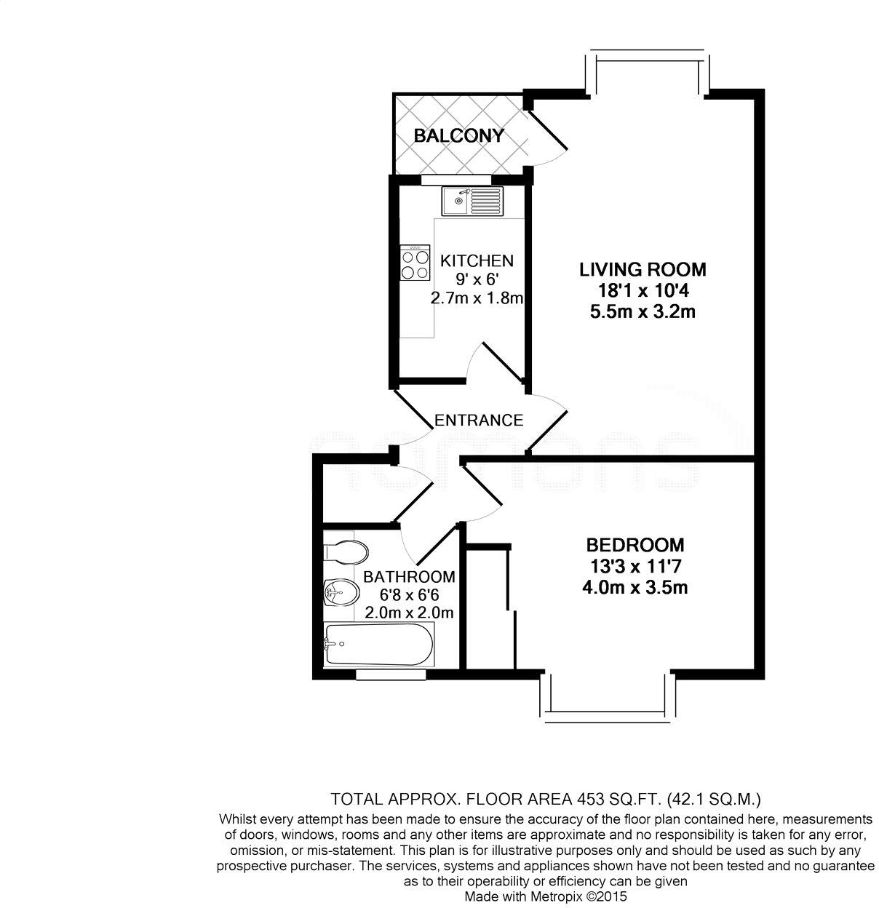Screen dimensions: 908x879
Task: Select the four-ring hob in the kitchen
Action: coord(415,263)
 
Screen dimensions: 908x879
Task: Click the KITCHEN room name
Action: coord(477,260)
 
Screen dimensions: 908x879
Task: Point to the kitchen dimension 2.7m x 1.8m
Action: coord(477,298)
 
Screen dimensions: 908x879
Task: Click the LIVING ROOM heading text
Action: coord(643,269)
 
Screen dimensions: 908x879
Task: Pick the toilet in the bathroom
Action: coord(345,551)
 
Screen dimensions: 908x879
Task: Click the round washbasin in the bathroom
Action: coord(340,593)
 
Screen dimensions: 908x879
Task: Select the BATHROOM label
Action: coord(409,577)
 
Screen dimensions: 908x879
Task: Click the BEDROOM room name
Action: coord(635,544)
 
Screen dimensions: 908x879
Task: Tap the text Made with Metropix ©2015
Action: coord(545,897)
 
